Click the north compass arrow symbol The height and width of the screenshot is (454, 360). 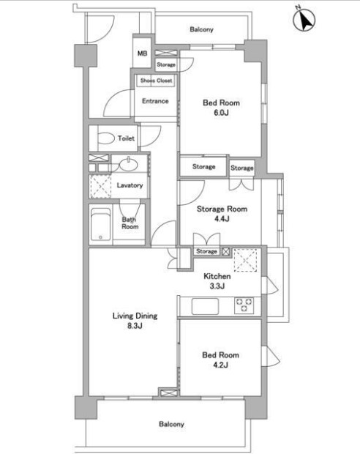pyautogui.click(x=304, y=21)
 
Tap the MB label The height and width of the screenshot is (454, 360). pyautogui.click(x=142, y=53)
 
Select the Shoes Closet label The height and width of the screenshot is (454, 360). pyautogui.click(x=157, y=81)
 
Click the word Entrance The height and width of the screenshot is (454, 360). pyautogui.click(x=155, y=101)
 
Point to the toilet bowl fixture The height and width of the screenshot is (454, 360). pyautogui.click(x=106, y=138)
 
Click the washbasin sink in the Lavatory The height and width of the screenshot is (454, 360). pyautogui.click(x=129, y=165)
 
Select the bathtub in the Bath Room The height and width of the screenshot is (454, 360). pyautogui.click(x=100, y=224)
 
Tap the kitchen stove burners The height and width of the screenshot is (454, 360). pyautogui.click(x=244, y=305)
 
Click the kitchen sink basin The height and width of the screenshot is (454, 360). pyautogui.click(x=205, y=306)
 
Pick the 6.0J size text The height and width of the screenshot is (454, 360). pyautogui.click(x=222, y=113)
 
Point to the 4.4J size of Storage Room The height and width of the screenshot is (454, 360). pyautogui.click(x=222, y=219)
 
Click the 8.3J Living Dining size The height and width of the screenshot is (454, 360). pyautogui.click(x=135, y=326)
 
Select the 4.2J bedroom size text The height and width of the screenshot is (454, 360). pyautogui.click(x=220, y=365)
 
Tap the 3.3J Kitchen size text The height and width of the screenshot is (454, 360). pyautogui.click(x=217, y=286)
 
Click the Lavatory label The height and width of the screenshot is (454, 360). pyautogui.click(x=130, y=185)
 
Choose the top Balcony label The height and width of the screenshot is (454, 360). pyautogui.click(x=201, y=29)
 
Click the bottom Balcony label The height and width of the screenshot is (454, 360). pyautogui.click(x=171, y=424)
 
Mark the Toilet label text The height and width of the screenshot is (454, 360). pyautogui.click(x=126, y=138)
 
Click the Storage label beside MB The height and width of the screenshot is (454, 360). pyautogui.click(x=166, y=64)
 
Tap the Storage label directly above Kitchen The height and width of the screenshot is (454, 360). pyautogui.click(x=206, y=251)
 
